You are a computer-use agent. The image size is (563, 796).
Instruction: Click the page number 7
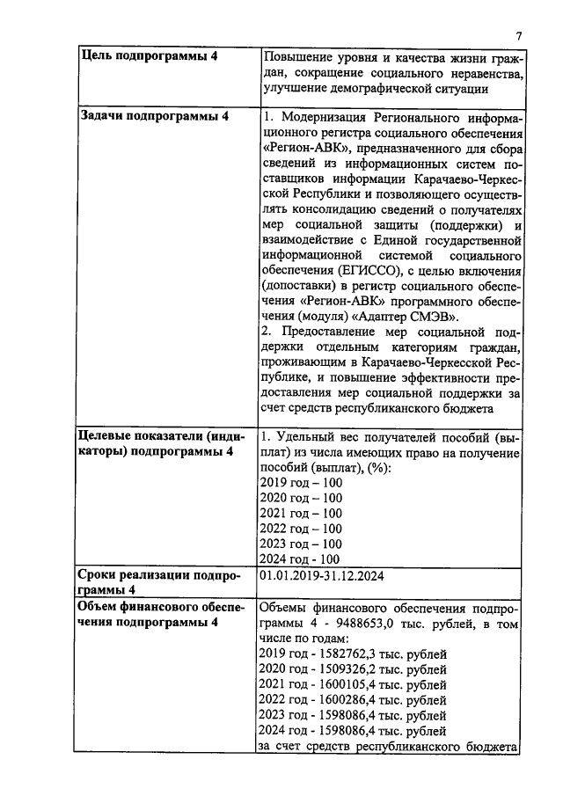click(519, 35)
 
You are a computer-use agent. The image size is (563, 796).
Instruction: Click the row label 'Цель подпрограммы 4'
click(149, 55)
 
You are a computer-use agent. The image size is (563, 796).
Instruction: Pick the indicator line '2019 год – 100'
click(301, 483)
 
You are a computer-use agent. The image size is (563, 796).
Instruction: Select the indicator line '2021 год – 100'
click(301, 514)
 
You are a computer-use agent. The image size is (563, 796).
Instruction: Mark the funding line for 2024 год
click(353, 732)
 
